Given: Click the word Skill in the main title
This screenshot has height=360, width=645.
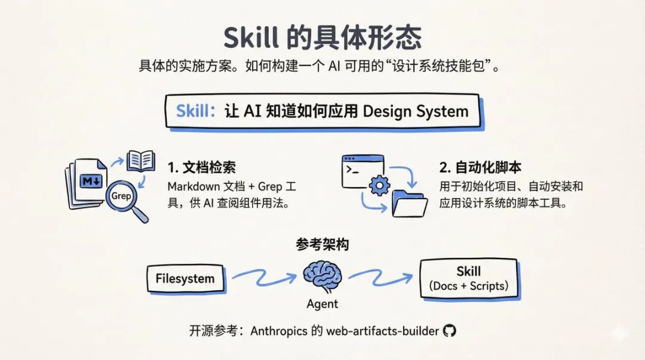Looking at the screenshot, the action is [251, 38].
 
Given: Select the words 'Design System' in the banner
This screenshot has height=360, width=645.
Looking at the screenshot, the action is [416, 111].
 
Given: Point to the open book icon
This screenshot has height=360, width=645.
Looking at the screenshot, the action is [142, 161].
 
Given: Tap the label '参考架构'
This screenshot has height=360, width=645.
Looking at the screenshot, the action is [322, 245].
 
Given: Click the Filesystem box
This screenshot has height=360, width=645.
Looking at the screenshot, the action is [185, 278].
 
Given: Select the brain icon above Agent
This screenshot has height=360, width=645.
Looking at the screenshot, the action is [322, 275].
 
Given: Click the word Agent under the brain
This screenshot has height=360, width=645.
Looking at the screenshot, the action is [322, 304].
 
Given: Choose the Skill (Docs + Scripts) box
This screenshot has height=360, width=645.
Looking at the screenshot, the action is [469, 278].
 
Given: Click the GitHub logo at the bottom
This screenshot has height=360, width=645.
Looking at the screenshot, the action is [449, 331].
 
